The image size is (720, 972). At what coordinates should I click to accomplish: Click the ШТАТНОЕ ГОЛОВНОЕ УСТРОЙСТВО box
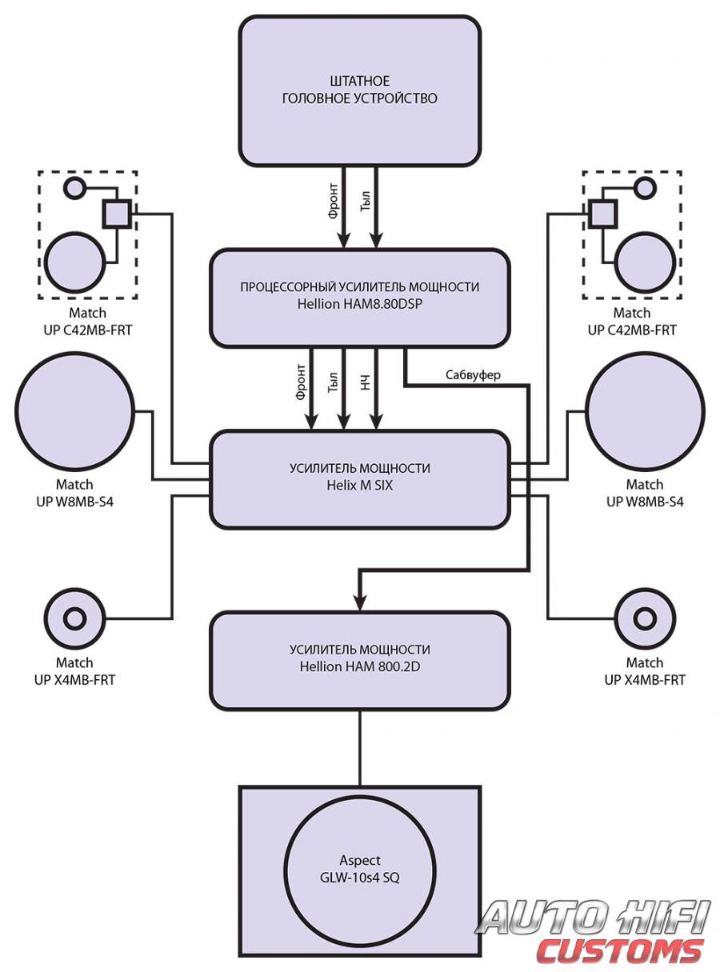point(359,90)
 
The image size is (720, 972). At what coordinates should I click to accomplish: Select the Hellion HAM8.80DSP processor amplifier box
point(359,298)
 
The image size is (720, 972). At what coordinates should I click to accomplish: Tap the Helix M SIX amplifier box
point(359,479)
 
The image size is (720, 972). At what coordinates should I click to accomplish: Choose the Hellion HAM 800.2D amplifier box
point(359,661)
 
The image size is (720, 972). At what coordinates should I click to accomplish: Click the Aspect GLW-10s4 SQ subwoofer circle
point(359,870)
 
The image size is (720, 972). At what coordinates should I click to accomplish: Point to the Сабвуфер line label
point(473,375)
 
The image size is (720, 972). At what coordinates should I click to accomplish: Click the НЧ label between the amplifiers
point(366,382)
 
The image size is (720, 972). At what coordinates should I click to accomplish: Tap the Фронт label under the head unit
point(333,201)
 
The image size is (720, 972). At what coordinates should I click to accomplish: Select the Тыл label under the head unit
point(366,201)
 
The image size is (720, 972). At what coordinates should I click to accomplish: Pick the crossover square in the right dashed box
point(602,214)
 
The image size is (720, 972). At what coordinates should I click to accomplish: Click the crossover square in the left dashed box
point(117,214)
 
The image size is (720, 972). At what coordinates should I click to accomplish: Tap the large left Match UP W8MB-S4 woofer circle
point(74,411)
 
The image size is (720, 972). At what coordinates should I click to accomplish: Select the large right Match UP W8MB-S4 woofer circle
point(645,411)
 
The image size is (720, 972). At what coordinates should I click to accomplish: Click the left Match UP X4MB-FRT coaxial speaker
point(74,618)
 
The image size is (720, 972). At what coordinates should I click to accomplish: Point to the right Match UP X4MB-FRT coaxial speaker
point(645,618)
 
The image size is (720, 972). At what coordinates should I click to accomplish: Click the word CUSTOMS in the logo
point(619,952)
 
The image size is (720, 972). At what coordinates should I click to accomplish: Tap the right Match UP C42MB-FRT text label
point(632,322)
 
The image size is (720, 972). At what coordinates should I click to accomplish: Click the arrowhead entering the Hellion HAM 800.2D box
point(359,604)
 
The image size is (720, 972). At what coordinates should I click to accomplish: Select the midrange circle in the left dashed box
point(75,262)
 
